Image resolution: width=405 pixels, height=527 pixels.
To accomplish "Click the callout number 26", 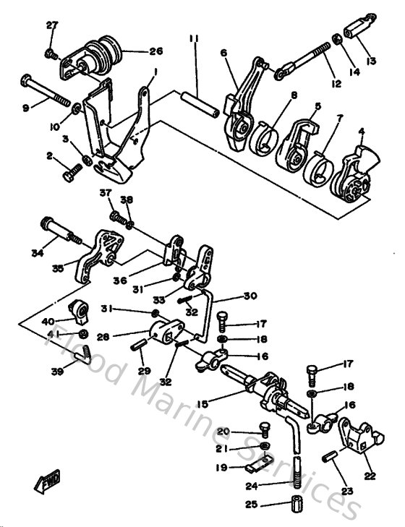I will [x=156, y=51].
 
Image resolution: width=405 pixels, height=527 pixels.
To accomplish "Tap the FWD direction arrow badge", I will [x=49, y=478].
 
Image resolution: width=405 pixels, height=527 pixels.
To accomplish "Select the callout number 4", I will [x=361, y=132].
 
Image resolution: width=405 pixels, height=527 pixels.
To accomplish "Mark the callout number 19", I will [x=221, y=468].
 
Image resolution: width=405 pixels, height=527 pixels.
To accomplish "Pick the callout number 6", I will [x=224, y=53].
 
